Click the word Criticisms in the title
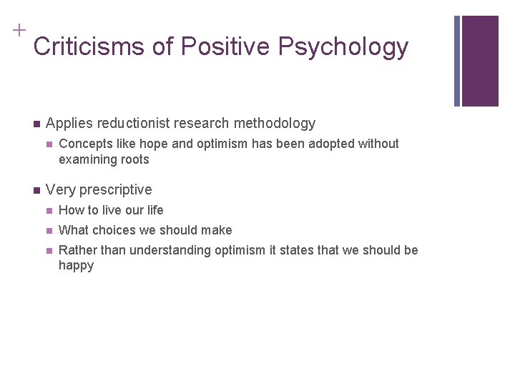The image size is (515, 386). (89, 46)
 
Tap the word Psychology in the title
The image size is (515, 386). (343, 46)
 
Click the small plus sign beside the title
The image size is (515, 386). (19, 29)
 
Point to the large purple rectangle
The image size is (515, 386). (480, 61)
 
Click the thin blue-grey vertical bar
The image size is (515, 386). (457, 61)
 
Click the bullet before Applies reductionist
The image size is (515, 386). (36, 123)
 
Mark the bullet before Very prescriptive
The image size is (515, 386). (36, 189)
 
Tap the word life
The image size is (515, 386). (154, 210)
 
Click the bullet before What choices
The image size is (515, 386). (49, 230)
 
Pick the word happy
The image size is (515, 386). (76, 266)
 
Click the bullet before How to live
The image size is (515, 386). (49, 210)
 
